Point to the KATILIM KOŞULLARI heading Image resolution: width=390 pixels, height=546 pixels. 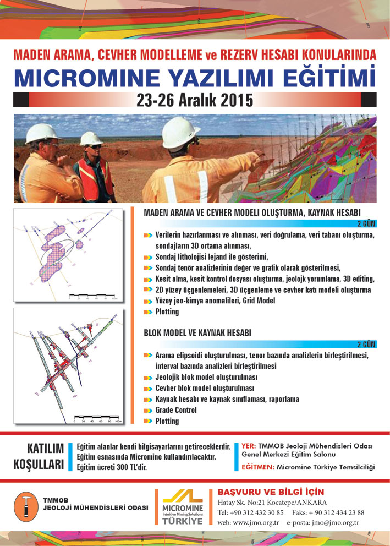click(39, 456)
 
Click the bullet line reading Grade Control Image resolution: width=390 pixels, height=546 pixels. click(176, 410)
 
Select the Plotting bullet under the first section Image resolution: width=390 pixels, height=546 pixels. click(167, 312)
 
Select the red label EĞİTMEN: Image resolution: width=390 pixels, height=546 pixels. click(259, 467)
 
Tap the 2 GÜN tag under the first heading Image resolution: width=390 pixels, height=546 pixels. click(367, 223)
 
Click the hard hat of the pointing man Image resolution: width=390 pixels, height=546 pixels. click(182, 129)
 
